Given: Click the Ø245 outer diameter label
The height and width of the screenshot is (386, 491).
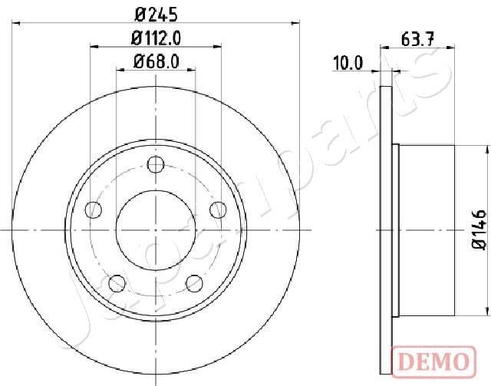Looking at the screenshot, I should pyautogui.click(x=156, y=12).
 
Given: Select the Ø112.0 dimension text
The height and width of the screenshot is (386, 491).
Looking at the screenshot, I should pyautogui.click(x=156, y=38).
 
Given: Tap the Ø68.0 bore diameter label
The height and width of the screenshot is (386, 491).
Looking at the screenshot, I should pyautogui.click(x=156, y=63).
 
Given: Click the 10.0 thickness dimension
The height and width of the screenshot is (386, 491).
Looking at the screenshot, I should pyautogui.click(x=347, y=63).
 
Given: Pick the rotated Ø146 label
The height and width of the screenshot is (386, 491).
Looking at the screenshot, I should pyautogui.click(x=476, y=228).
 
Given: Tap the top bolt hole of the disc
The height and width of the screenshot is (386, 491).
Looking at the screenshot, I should pyautogui.click(x=156, y=164).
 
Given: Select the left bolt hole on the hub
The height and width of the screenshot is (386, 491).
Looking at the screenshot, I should pyautogui.click(x=94, y=209).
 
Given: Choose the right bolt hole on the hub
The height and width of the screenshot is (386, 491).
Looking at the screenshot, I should pyautogui.click(x=218, y=209).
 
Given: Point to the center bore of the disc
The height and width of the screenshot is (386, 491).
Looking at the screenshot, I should pyautogui.click(x=156, y=228).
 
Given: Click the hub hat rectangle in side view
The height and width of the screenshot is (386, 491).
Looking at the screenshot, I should pyautogui.click(x=427, y=228).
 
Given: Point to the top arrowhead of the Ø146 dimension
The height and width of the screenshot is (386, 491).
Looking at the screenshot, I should pyautogui.click(x=486, y=147).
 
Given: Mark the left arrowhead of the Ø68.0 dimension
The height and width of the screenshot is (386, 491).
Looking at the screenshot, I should pyautogui.click(x=119, y=71).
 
